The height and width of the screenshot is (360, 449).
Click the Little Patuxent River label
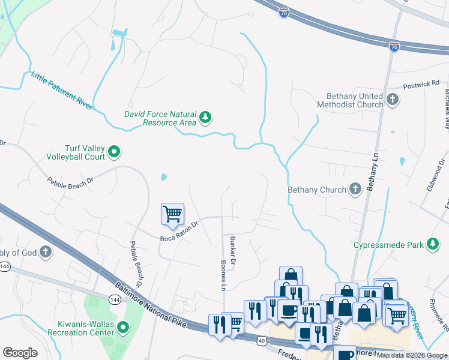tap(61, 90)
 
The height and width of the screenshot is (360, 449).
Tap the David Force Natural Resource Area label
tap(160, 118)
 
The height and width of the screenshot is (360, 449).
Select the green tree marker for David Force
tap(206, 118)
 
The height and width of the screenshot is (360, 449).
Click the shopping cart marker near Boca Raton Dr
tap(172, 214)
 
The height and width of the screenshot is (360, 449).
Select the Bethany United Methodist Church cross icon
tap(393, 100)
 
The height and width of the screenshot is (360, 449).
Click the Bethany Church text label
tap(317, 190)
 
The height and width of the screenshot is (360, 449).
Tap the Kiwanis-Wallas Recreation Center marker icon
tap(123, 328)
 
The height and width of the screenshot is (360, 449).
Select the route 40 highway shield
tap(261, 341)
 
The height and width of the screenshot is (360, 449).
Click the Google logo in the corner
tap(20, 352)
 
